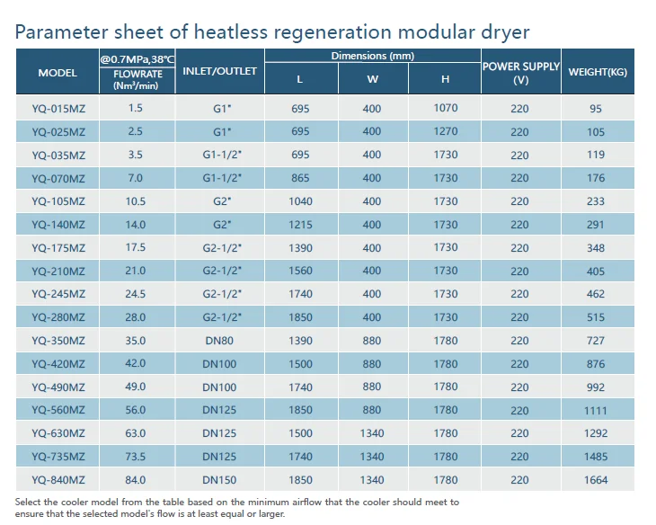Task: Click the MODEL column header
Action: point(58,72)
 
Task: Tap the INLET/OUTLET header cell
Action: point(219,72)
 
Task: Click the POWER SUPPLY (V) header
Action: point(521,72)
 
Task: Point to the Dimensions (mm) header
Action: point(372,56)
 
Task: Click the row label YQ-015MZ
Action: point(58,109)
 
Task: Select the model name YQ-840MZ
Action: point(58,481)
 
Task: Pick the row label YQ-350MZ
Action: point(58,342)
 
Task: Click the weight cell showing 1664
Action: point(596,480)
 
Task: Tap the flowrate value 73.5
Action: point(136,458)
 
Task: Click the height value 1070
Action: point(446,108)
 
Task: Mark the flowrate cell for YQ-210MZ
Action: point(136,271)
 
